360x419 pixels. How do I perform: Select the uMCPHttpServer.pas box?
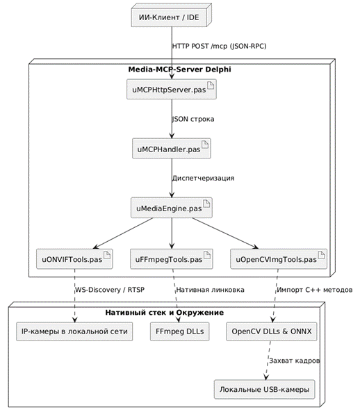click(x=172, y=89)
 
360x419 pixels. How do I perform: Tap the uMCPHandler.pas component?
click(x=172, y=149)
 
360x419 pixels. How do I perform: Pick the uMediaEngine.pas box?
click(x=172, y=208)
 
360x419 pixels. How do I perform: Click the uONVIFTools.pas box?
click(x=74, y=259)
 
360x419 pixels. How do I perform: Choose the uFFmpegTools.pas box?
click(x=172, y=259)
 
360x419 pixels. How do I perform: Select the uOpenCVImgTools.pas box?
click(x=279, y=259)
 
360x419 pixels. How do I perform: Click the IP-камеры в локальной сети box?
click(x=74, y=331)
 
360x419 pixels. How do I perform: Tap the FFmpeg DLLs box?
click(x=179, y=331)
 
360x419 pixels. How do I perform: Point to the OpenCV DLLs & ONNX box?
click(x=272, y=331)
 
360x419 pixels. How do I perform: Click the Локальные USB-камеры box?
click(x=264, y=389)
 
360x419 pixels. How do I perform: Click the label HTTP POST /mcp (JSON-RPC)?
click(x=219, y=47)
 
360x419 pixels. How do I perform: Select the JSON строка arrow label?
click(x=193, y=119)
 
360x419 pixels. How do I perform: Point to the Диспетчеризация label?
click(x=203, y=179)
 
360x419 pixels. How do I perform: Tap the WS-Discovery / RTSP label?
click(x=110, y=290)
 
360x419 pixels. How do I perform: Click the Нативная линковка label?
click(x=210, y=290)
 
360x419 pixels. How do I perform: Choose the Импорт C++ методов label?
click(x=315, y=290)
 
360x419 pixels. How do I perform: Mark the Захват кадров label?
click(x=294, y=361)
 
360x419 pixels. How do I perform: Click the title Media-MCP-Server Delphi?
click(x=179, y=69)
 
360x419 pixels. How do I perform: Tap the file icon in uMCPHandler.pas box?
click(x=205, y=145)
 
